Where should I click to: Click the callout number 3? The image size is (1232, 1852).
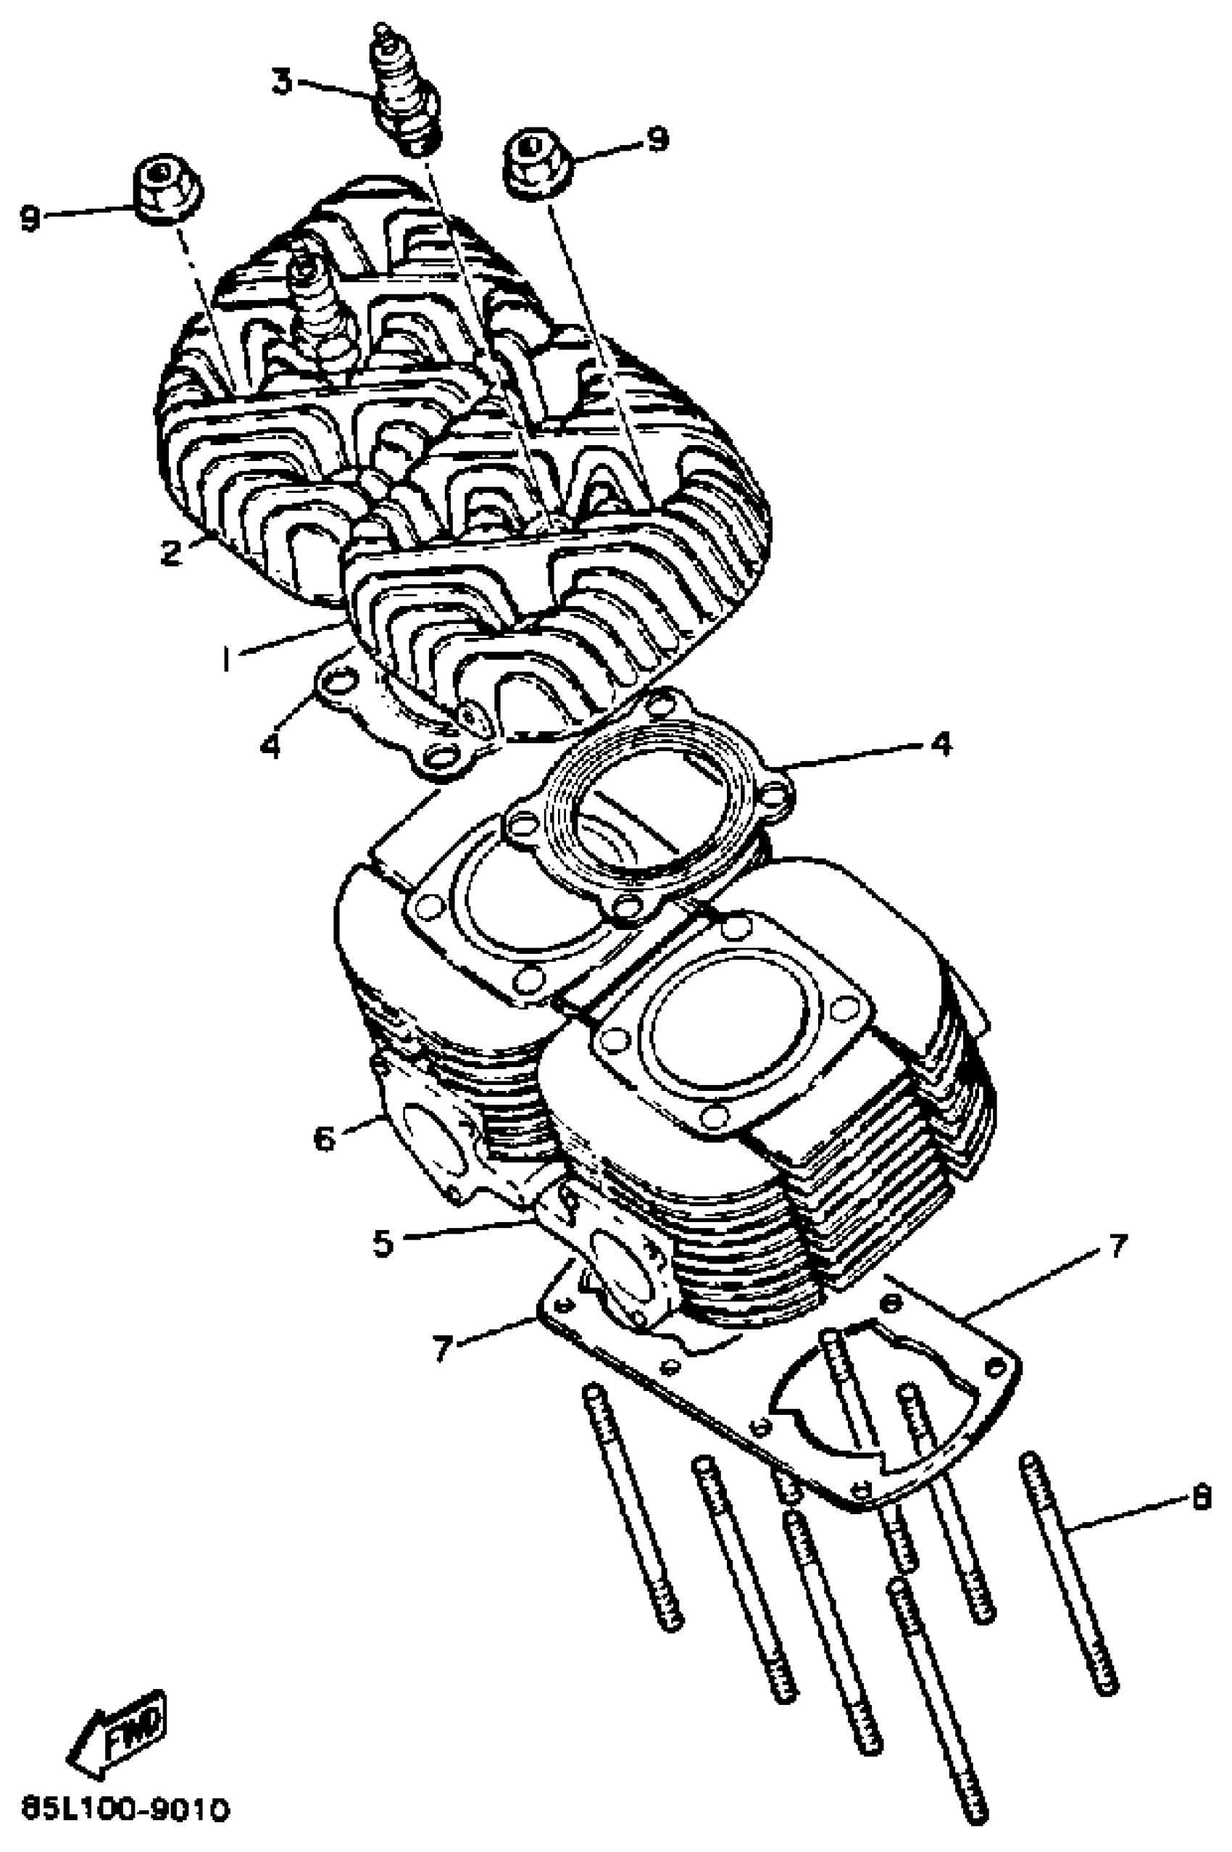pyautogui.click(x=281, y=81)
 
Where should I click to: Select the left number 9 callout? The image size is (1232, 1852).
pyautogui.click(x=30, y=217)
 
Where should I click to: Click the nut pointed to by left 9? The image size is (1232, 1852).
pyautogui.click(x=167, y=190)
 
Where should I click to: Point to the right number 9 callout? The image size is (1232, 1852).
pyautogui.click(x=656, y=139)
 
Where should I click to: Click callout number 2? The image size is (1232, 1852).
pyautogui.click(x=170, y=552)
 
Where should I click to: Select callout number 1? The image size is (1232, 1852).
pyautogui.click(x=226, y=658)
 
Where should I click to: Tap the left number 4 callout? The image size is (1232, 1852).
pyautogui.click(x=270, y=744)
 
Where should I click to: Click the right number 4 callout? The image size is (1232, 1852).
pyautogui.click(x=941, y=742)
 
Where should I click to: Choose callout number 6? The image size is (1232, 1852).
pyautogui.click(x=325, y=1137)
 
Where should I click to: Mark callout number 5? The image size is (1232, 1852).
pyautogui.click(x=383, y=1243)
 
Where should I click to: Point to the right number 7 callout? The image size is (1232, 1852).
pyautogui.click(x=1117, y=1245)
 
